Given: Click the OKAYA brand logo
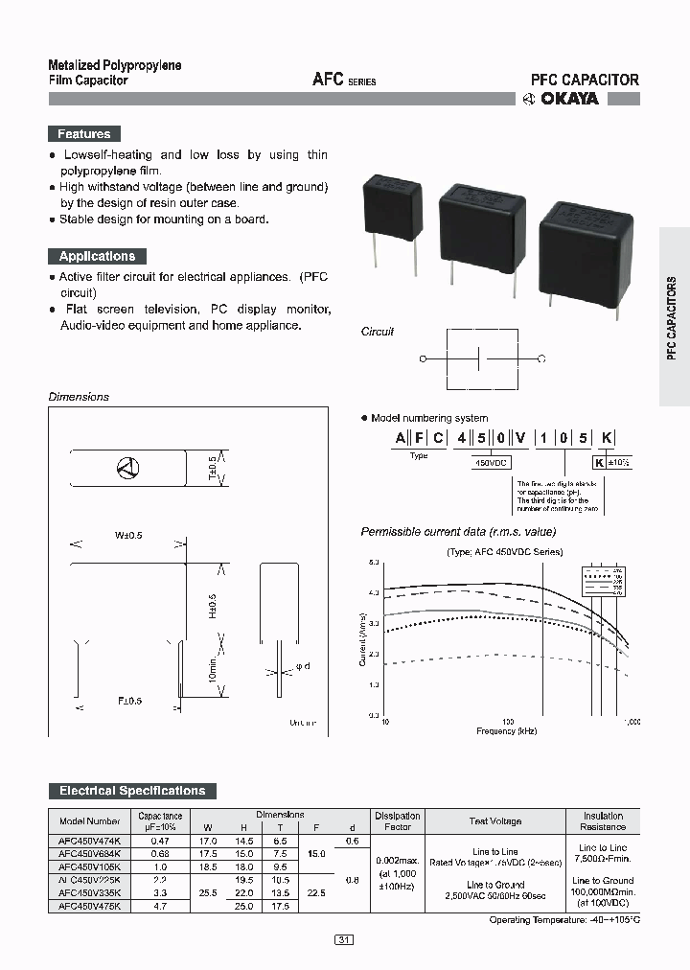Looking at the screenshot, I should (x=561, y=98).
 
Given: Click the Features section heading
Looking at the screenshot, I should (x=84, y=134).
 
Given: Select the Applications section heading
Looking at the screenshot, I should (x=97, y=256).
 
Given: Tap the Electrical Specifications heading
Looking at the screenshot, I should (x=132, y=791).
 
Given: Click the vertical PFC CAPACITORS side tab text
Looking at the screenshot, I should (x=673, y=316).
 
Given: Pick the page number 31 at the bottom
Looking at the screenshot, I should (x=344, y=940).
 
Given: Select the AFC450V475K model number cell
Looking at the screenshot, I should (x=90, y=906).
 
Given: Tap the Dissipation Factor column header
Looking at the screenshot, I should (x=397, y=820).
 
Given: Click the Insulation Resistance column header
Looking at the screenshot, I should (x=603, y=820).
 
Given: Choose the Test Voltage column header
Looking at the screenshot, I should (x=495, y=821).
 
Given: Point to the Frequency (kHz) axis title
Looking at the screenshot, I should (x=507, y=730).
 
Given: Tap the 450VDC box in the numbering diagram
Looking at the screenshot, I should (x=490, y=462).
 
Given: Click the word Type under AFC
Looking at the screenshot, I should (x=419, y=455).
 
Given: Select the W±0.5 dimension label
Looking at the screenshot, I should (x=128, y=535).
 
